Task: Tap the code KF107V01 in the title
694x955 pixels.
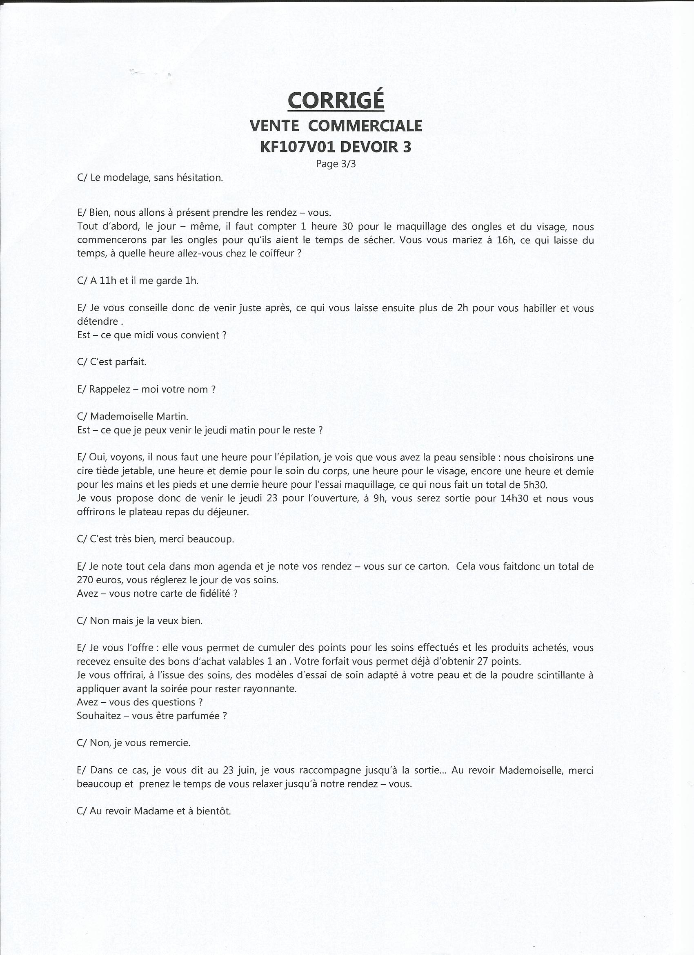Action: click(x=298, y=147)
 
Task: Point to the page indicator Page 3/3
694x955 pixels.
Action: click(x=336, y=164)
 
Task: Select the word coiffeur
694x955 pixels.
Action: click(x=273, y=254)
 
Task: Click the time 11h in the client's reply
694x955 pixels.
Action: click(x=107, y=281)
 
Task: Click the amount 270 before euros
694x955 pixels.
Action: click(x=85, y=580)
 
